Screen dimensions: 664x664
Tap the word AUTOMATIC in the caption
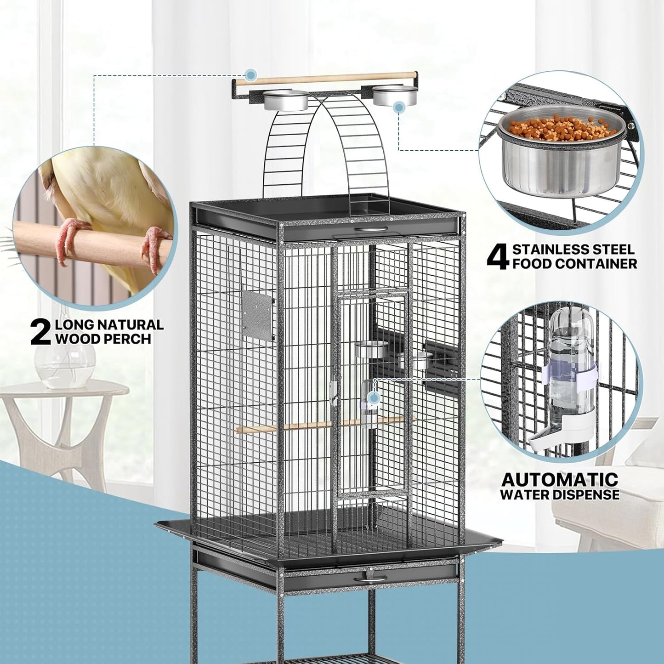(x=560, y=479)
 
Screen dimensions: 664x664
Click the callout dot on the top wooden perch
(x=250, y=74)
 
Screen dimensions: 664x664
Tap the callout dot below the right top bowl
(x=399, y=108)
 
